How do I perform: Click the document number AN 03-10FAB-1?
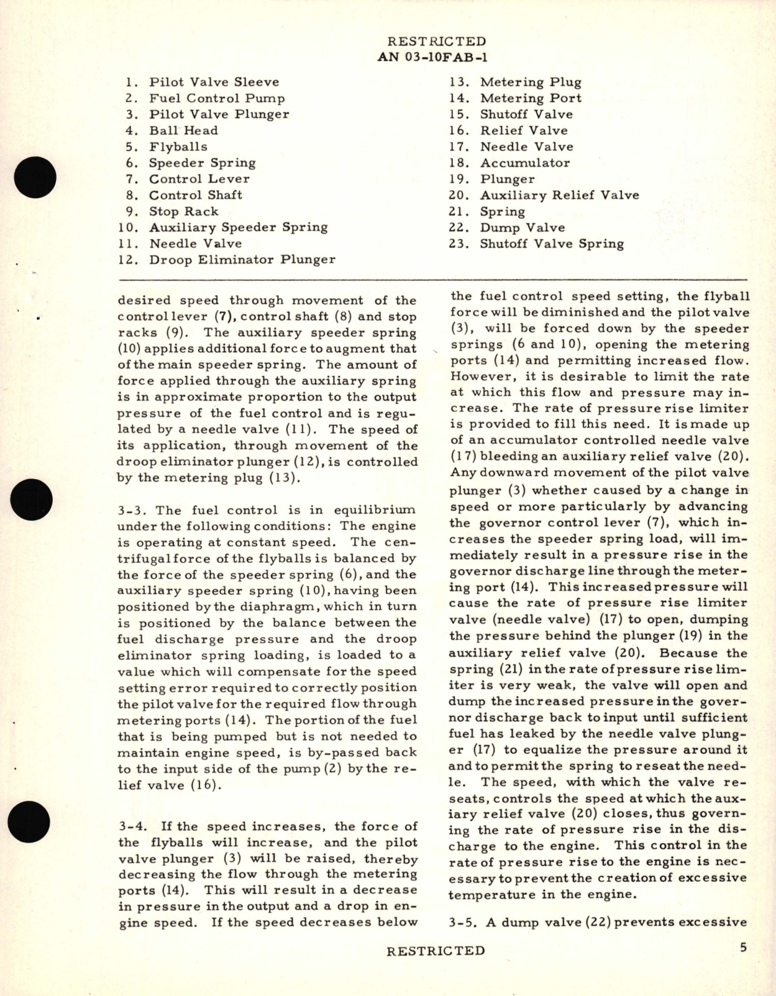coord(432,58)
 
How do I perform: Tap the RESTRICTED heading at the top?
coord(436,42)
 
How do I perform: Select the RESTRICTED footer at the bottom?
coord(435,951)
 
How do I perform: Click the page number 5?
coord(743,949)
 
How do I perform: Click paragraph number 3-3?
coord(131,510)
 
